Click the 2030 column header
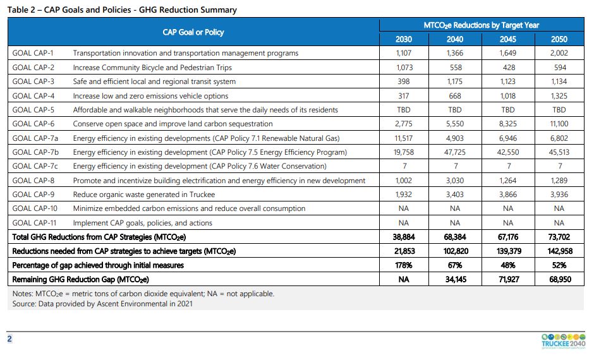(403, 39)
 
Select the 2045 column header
(507, 39)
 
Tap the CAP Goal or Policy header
(193, 32)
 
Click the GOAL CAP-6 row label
(33, 124)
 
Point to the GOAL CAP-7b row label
(35, 152)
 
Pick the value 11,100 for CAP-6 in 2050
(559, 124)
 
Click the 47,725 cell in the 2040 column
(455, 152)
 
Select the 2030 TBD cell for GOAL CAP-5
(403, 110)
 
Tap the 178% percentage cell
(403, 265)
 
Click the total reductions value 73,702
(559, 237)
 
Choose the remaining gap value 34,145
(455, 279)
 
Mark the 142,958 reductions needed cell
(559, 251)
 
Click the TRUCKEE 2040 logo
(563, 340)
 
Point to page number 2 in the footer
(9, 339)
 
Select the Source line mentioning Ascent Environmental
(102, 304)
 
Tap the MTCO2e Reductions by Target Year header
(481, 25)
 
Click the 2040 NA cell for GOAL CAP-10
(455, 208)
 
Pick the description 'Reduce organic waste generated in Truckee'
(144, 195)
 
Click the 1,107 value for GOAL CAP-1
(403, 53)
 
